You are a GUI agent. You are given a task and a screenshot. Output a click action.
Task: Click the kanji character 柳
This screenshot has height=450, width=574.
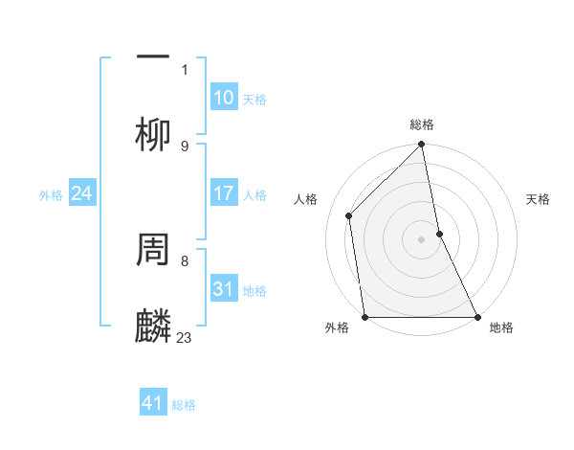tap(154, 134)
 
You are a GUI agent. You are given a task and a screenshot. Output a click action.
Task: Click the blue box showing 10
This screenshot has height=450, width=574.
tap(224, 98)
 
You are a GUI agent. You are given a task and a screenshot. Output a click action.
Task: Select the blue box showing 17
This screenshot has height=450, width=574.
tap(224, 193)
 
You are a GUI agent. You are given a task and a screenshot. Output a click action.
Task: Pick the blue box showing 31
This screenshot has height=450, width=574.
tap(224, 289)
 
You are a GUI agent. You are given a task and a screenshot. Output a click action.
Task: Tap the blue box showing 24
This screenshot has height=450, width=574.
tap(82, 193)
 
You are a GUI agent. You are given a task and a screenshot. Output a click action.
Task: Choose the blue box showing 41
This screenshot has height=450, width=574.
tap(153, 403)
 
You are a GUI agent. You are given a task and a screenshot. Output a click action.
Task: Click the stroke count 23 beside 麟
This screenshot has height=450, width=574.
tap(185, 337)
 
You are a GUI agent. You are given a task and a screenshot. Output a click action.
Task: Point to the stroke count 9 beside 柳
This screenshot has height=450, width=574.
tap(185, 146)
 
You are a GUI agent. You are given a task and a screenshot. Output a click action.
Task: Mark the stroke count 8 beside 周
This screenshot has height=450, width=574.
tap(185, 259)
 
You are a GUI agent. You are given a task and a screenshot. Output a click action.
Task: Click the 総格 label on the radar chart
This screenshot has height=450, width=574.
tap(422, 124)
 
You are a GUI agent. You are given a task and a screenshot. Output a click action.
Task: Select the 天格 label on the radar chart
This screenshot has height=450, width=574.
tap(539, 199)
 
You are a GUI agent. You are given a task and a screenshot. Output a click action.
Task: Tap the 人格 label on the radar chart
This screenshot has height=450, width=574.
tap(306, 199)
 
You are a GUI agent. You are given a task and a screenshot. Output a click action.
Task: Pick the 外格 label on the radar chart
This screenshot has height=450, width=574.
tap(337, 327)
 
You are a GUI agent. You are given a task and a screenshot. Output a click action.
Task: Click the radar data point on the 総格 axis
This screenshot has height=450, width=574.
tap(422, 146)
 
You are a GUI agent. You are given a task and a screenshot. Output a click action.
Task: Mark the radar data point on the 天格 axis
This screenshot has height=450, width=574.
tap(440, 234)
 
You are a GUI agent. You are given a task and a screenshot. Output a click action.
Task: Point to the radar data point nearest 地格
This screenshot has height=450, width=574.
tap(477, 316)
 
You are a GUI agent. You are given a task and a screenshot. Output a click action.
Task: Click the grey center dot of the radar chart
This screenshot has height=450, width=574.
tap(422, 239)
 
